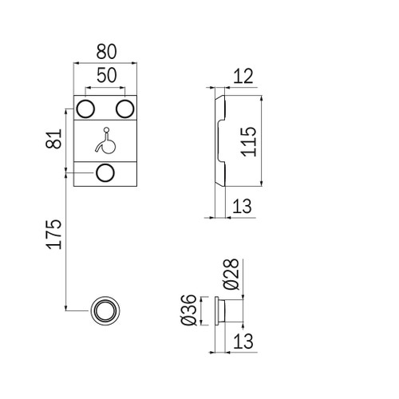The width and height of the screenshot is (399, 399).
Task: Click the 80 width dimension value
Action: point(106,50)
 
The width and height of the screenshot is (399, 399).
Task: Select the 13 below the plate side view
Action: point(244,206)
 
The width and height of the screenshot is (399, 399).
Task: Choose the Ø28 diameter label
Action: point(231,275)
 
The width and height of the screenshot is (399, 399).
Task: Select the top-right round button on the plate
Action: point(125,108)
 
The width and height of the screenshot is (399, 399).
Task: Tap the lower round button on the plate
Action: point(105,173)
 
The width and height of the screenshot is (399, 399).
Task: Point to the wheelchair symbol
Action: point(105,142)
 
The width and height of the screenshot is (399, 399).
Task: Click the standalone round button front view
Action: point(105,310)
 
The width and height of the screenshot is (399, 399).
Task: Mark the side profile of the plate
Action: point(219,141)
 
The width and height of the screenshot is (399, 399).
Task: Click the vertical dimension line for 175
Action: point(65,239)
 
